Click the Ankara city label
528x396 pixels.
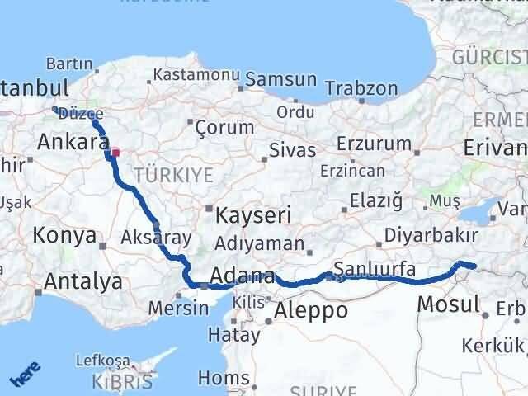68,141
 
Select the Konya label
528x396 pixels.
64,235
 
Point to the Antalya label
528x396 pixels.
82,281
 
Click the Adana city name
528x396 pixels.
242,276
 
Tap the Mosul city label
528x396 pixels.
448,304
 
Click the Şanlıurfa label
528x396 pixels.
375,268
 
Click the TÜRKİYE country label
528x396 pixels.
173,175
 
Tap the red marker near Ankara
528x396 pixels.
116,152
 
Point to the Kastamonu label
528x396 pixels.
189,74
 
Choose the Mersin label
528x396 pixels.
178,308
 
